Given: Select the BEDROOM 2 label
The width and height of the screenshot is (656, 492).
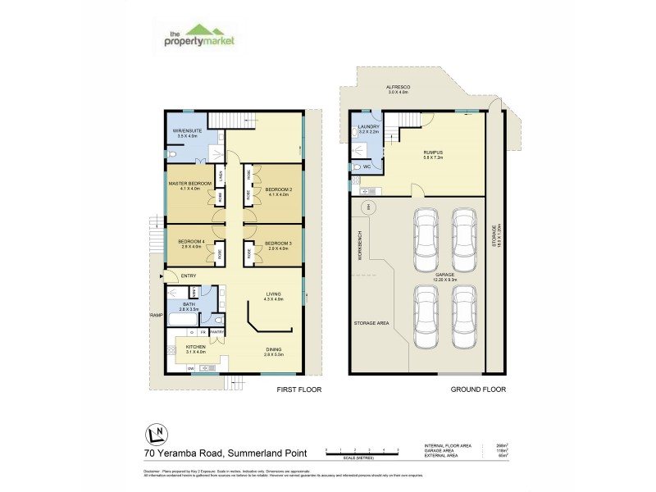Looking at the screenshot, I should [x=278, y=191].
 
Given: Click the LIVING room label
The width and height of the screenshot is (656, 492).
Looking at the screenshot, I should [x=273, y=297].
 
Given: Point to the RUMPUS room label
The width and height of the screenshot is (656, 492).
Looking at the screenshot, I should [x=433, y=153].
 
